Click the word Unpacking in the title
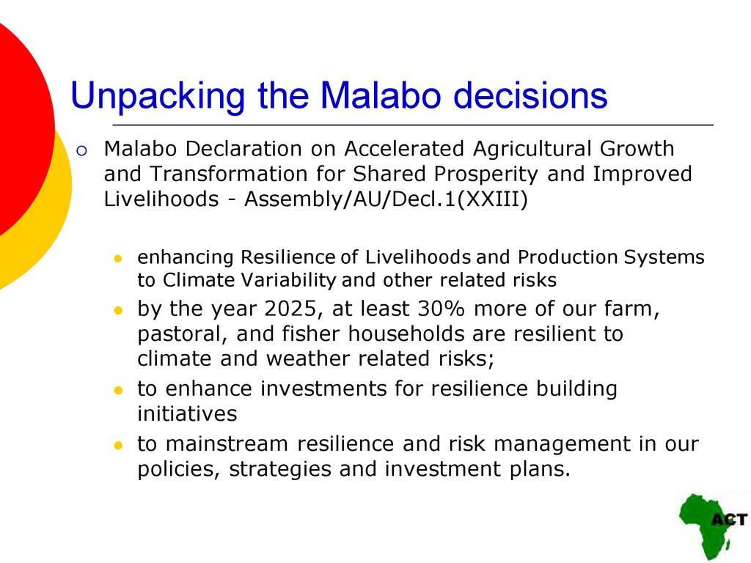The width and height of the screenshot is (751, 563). coord(158,96)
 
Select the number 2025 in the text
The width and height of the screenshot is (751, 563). coord(290,309)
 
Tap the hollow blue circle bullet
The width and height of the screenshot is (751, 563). coord(82,151)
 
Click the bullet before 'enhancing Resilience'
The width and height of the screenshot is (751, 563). coord(118,259)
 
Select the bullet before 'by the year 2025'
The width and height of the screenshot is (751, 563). coord(118,311)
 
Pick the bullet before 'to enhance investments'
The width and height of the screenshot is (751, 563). coord(118,390)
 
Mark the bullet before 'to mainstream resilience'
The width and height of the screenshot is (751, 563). coord(118,446)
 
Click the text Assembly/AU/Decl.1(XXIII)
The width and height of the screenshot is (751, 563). coord(386,199)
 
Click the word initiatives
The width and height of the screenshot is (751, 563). coord(187,413)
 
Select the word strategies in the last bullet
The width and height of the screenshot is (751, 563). coord(279,469)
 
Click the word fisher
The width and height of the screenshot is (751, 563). coord(311,334)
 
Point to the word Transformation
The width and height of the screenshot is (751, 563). coord(228,174)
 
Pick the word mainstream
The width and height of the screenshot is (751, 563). coord(227,444)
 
